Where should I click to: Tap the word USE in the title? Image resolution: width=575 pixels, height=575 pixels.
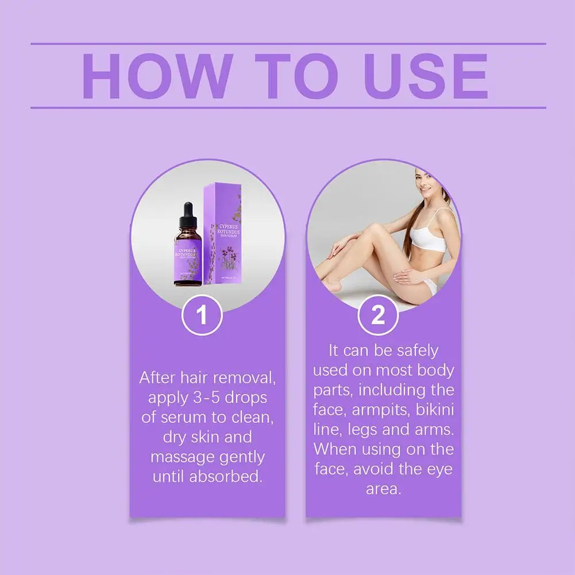pyautogui.click(x=426, y=76)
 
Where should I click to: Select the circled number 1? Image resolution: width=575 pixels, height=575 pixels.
pyautogui.click(x=202, y=315)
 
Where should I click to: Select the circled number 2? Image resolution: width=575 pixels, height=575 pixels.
pyautogui.click(x=378, y=315)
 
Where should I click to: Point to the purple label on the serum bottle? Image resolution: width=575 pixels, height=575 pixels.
pyautogui.click(x=187, y=257)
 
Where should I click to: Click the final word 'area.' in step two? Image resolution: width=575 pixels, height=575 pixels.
pyautogui.click(x=383, y=489)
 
